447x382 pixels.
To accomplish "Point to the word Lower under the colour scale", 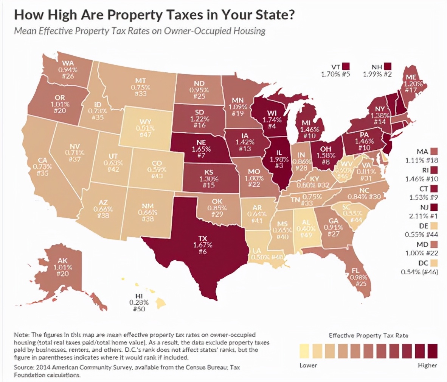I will click(x=308, y=365).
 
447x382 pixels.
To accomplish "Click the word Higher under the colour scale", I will click(x=427, y=365).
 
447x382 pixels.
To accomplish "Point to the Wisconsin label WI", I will click(x=272, y=113).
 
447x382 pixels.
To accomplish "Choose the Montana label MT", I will click(x=141, y=81).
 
